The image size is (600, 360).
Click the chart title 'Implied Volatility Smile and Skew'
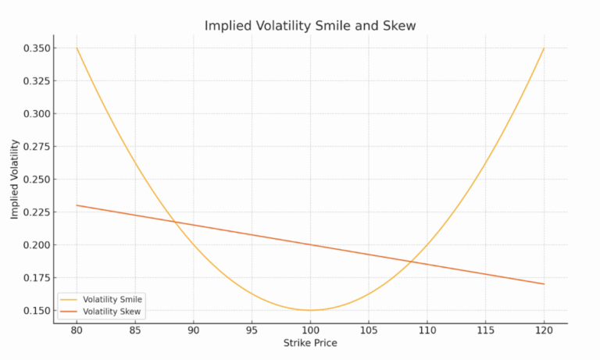coord(310,26)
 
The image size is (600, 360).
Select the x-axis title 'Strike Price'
coord(310,343)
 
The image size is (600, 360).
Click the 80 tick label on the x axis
coord(77,330)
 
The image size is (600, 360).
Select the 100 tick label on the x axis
coord(310,330)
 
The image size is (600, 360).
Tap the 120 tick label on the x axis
coord(544,330)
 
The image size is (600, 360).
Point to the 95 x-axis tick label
coord(252,330)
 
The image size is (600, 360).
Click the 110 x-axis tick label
coord(427,330)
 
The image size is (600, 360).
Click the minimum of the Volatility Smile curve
coord(310,310)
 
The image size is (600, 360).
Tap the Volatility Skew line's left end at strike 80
coord(77,205)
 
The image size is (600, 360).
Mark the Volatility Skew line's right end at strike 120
coord(544,283)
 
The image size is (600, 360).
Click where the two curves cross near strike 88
coord(173,223)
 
